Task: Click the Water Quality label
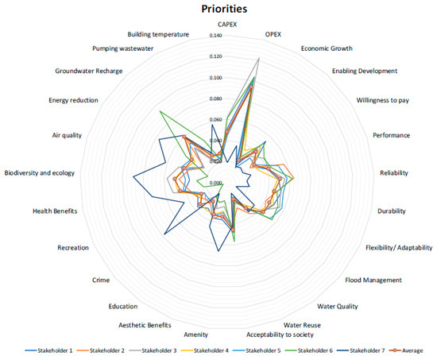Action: [x=338, y=306]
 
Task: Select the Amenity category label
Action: [x=196, y=335]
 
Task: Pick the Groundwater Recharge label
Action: [x=87, y=71]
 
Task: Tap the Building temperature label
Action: [x=158, y=35]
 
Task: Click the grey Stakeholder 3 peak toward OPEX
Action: [x=259, y=58]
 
